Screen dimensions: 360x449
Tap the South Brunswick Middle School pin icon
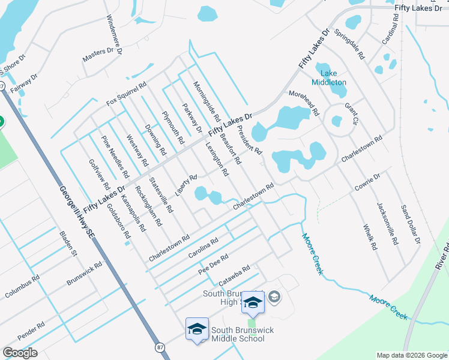point(197,329)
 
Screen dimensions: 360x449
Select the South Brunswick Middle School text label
point(238,334)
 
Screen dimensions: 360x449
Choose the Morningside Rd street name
point(206,101)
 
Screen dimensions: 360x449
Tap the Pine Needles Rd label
point(115,158)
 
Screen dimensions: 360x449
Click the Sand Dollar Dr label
point(411,223)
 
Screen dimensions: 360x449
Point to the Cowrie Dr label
point(367,182)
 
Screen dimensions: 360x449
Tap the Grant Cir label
point(351,113)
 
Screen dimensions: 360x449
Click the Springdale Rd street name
point(349,43)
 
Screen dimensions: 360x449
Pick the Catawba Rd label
point(234,275)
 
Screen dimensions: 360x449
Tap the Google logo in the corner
point(20,353)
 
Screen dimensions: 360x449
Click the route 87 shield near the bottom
point(159,347)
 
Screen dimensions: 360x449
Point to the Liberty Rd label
point(186,185)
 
